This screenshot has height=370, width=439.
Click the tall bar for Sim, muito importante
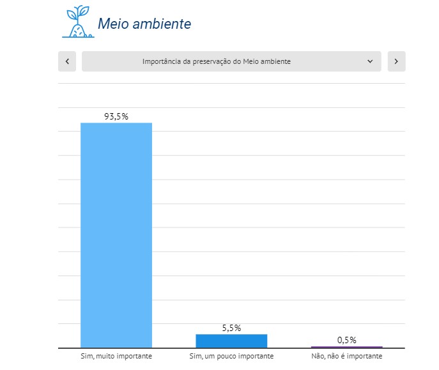point(116,235)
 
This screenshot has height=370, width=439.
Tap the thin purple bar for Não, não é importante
point(346,347)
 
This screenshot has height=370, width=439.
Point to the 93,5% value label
point(116,116)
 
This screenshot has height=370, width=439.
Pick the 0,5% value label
point(347,340)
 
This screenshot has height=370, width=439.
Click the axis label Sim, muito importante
point(116,356)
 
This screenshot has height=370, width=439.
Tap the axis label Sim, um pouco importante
point(231,356)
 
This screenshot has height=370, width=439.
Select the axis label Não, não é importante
point(347,356)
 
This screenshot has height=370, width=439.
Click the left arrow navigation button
point(67,61)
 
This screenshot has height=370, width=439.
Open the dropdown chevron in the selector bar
point(370,61)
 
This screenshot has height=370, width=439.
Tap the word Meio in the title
point(113,24)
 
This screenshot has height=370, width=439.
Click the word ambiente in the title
point(162,24)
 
